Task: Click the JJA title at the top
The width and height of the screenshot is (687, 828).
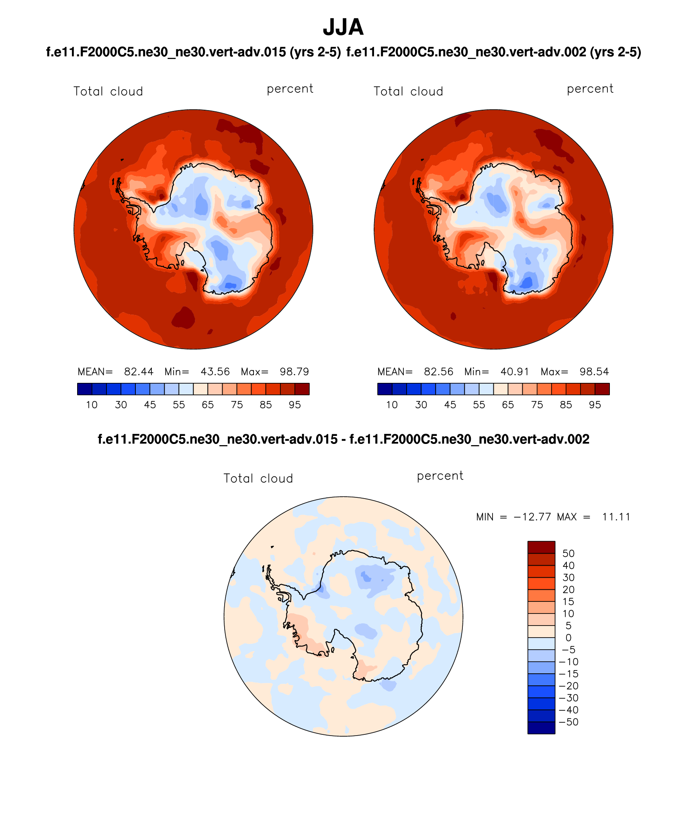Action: click(343, 27)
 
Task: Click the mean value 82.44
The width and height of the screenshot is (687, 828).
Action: click(139, 372)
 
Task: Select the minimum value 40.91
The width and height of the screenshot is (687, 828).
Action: click(515, 372)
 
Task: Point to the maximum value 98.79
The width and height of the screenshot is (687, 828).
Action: click(294, 372)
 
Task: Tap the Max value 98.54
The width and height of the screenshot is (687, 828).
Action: click(594, 372)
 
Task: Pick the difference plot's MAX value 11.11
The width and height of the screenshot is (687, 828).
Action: click(616, 517)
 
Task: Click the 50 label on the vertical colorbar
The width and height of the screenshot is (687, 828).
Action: click(568, 554)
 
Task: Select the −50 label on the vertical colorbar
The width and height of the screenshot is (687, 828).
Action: click(568, 722)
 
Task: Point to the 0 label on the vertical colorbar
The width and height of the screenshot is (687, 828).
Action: click(568, 638)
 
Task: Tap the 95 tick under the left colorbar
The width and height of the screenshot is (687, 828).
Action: click(295, 405)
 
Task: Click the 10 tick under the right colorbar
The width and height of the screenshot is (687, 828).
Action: click(392, 405)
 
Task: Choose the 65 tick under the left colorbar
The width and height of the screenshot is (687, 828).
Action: click(208, 405)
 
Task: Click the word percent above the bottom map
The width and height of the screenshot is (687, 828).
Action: click(440, 476)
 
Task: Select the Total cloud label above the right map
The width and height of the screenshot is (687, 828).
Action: click(408, 92)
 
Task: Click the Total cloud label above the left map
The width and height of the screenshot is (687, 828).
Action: click(108, 92)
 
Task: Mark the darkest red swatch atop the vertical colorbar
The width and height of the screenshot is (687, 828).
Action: click(541, 547)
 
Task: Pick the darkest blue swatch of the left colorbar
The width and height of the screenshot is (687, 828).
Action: click(84, 389)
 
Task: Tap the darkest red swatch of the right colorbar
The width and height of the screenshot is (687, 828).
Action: click(602, 389)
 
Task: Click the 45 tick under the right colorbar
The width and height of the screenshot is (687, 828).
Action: click(450, 405)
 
